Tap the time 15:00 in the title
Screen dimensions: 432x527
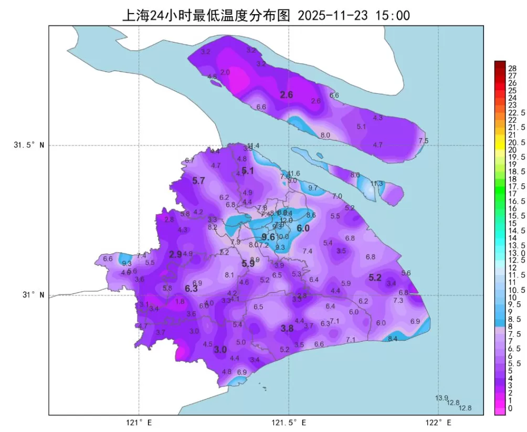393,15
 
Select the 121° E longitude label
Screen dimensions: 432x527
139,422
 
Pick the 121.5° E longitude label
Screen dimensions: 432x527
289,422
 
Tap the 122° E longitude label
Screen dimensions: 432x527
439,422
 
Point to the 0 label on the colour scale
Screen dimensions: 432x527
511,408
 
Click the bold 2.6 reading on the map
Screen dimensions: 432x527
286,95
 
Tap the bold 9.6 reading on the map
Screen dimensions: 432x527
268,237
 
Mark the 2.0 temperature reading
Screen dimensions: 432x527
225,72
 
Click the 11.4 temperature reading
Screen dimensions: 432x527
254,145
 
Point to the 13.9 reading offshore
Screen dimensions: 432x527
442,397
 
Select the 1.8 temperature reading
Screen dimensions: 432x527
180,302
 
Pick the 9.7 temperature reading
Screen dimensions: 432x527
313,188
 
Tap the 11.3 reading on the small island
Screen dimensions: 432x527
377,184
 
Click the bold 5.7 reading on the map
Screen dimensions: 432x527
198,181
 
